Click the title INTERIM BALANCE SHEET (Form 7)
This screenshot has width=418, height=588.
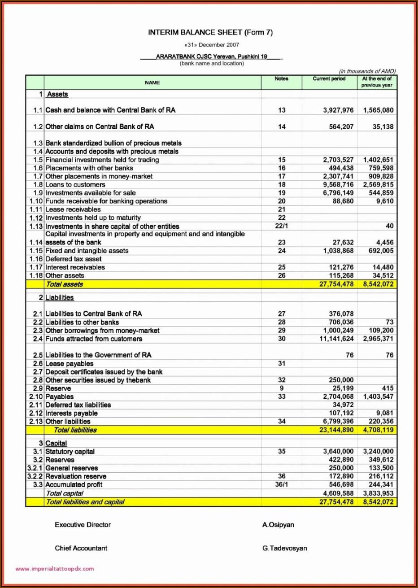click(210, 32)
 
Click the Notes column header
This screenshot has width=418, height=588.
click(281, 79)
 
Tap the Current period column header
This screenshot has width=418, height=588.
click(329, 79)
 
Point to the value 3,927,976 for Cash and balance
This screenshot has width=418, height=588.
click(338, 110)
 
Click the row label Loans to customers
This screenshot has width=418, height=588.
click(75, 185)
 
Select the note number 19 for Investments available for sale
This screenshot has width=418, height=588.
click(281, 193)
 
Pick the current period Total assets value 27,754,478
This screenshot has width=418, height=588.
click(336, 284)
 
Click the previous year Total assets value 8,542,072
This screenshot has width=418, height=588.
click(378, 284)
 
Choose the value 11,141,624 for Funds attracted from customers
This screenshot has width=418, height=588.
click(336, 339)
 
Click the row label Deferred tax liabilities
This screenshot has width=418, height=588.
click(78, 405)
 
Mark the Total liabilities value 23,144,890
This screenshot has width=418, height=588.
click(336, 430)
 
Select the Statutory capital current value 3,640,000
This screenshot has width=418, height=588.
click(338, 452)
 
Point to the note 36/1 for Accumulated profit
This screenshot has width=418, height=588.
click(281, 484)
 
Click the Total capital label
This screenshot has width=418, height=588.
click(65, 493)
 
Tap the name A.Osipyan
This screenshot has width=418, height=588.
click(278, 525)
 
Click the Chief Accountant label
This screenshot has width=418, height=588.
click(81, 548)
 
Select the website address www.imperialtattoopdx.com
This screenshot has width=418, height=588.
click(55, 569)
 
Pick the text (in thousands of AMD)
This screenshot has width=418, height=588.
click(367, 71)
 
